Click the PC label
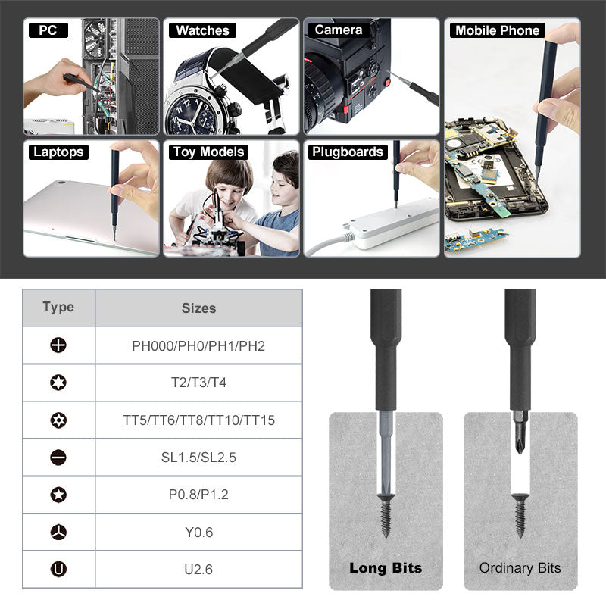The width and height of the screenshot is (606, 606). (x=48, y=30)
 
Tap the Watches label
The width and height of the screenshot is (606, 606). (x=202, y=30)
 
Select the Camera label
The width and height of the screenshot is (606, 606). (x=339, y=30)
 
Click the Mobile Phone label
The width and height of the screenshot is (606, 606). (x=497, y=30)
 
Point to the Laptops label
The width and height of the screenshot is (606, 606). (x=58, y=151)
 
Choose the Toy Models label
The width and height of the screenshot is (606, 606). (x=208, y=151)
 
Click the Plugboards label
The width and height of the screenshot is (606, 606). (x=348, y=151)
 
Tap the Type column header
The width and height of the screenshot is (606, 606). (x=58, y=307)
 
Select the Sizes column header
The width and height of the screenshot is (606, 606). (x=198, y=308)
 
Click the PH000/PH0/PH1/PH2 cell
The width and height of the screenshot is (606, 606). (x=198, y=345)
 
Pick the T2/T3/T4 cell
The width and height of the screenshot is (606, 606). (x=198, y=383)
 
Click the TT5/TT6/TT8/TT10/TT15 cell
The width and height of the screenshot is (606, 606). (x=198, y=420)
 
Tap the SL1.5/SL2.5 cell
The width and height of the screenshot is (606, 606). (x=198, y=457)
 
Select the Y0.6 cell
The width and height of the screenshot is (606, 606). (x=198, y=532)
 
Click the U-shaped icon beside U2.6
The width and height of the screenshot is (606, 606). (x=58, y=569)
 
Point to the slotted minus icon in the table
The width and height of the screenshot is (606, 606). (x=58, y=457)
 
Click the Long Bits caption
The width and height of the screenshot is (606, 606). (x=386, y=567)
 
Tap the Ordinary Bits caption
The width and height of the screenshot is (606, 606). (x=520, y=567)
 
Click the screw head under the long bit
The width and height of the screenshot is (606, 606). (x=386, y=500)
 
